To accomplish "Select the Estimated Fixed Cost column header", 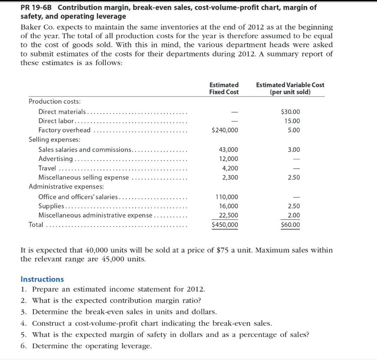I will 224,89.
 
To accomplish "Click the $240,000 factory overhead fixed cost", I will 224,130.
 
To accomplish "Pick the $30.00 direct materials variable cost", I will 290,112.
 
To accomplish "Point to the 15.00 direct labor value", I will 292,121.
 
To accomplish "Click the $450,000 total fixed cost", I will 224,225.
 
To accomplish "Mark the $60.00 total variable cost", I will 290,225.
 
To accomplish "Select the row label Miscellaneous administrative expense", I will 95,215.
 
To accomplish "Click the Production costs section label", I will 49,101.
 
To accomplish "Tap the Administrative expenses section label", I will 60,187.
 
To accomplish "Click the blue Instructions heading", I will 42,279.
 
